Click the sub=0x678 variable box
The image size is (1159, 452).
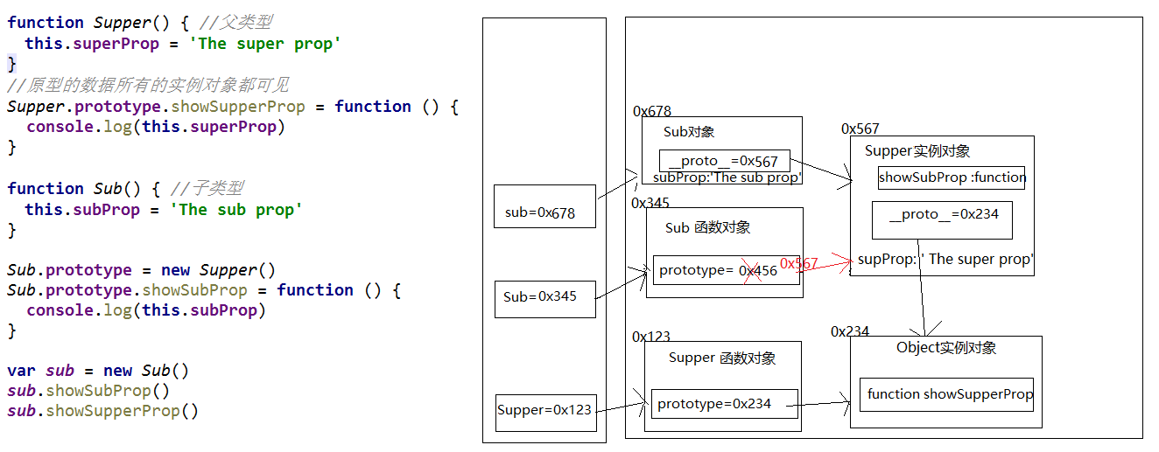544,206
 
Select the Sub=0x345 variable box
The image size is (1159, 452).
544,298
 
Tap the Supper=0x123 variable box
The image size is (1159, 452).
545,411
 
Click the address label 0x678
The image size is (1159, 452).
652,111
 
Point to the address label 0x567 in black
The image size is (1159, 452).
860,129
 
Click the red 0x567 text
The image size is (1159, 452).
798,263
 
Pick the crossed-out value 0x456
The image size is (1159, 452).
758,270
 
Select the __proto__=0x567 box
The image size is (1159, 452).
724,162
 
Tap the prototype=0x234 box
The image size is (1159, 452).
724,404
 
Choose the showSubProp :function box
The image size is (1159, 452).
951,177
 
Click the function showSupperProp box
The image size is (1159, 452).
946,394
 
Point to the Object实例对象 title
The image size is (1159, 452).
946,348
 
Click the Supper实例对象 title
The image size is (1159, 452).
917,150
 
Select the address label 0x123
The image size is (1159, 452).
651,337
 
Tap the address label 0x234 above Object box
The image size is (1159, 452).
850,331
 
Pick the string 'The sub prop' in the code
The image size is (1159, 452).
236,210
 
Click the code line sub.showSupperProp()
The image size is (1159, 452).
103,411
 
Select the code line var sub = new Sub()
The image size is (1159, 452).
98,371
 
